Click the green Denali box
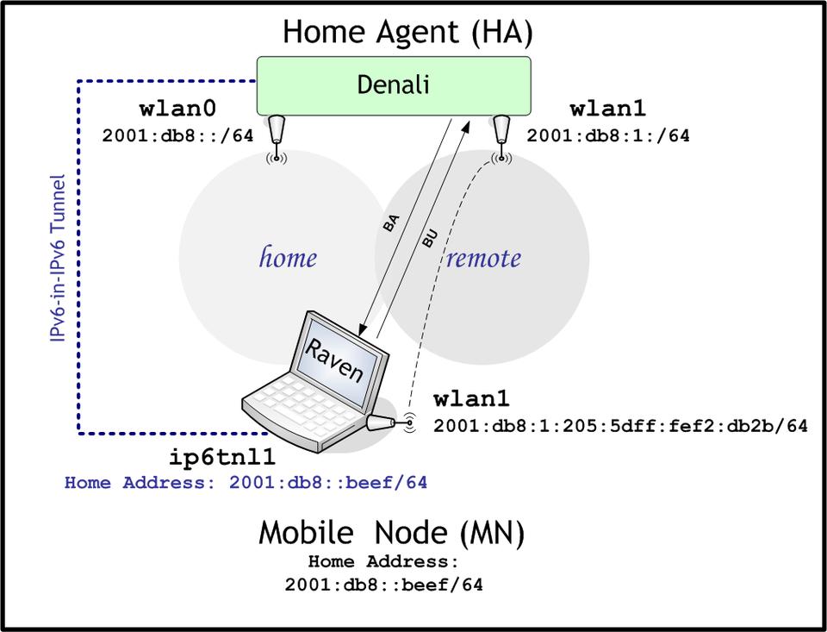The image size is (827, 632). (x=393, y=85)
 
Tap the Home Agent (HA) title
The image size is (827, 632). (x=407, y=33)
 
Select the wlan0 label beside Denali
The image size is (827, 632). (x=177, y=110)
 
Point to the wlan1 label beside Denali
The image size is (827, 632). (x=607, y=110)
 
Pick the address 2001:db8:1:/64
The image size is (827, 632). (x=608, y=135)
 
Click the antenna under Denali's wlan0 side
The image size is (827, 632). (x=276, y=134)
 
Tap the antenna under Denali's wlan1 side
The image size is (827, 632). (x=499, y=134)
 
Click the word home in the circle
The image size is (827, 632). (x=288, y=257)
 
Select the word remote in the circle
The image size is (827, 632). (x=483, y=258)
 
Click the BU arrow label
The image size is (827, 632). (x=430, y=239)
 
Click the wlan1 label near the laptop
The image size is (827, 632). (x=471, y=399)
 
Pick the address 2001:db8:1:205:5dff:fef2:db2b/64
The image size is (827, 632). (x=620, y=425)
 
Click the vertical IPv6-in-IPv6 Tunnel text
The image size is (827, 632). (x=59, y=259)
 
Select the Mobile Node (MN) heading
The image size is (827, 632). (x=392, y=533)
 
